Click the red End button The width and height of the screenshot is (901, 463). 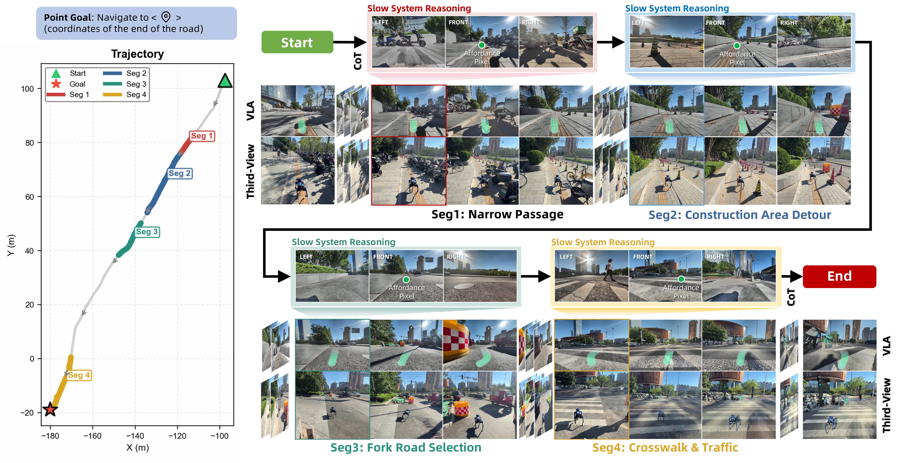839,276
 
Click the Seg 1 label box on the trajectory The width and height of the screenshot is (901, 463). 202,136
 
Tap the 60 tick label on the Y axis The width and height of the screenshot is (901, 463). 29,197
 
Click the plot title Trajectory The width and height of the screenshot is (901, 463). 137,54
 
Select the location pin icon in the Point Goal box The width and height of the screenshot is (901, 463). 166,17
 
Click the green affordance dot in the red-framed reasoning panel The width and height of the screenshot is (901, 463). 482,45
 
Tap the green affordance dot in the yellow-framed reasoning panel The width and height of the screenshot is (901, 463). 681,279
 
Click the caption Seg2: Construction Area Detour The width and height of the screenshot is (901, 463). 740,215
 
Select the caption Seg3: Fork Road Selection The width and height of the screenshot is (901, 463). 406,448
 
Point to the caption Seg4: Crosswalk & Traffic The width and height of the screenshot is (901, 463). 665,448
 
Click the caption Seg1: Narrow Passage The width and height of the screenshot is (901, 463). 497,214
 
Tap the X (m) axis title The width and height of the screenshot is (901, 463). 137,448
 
